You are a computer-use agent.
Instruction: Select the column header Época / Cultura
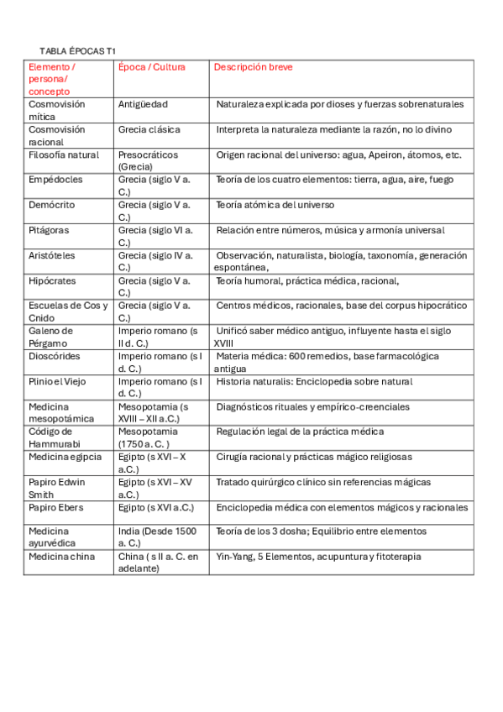(x=152, y=67)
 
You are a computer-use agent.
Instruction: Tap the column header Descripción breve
(x=253, y=67)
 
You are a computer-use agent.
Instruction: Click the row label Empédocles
(x=55, y=180)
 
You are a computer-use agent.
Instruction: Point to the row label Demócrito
(x=52, y=205)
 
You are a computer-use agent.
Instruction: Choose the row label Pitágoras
(x=49, y=230)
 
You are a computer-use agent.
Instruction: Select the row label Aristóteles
(x=53, y=255)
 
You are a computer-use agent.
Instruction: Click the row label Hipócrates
(x=54, y=280)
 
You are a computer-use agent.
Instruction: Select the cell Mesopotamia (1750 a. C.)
(x=148, y=437)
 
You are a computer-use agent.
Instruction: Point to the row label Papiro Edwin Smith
(x=57, y=488)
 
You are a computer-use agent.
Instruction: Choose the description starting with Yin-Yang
(x=318, y=557)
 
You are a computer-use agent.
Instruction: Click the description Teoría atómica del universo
(x=275, y=205)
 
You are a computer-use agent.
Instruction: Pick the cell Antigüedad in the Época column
(x=143, y=104)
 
